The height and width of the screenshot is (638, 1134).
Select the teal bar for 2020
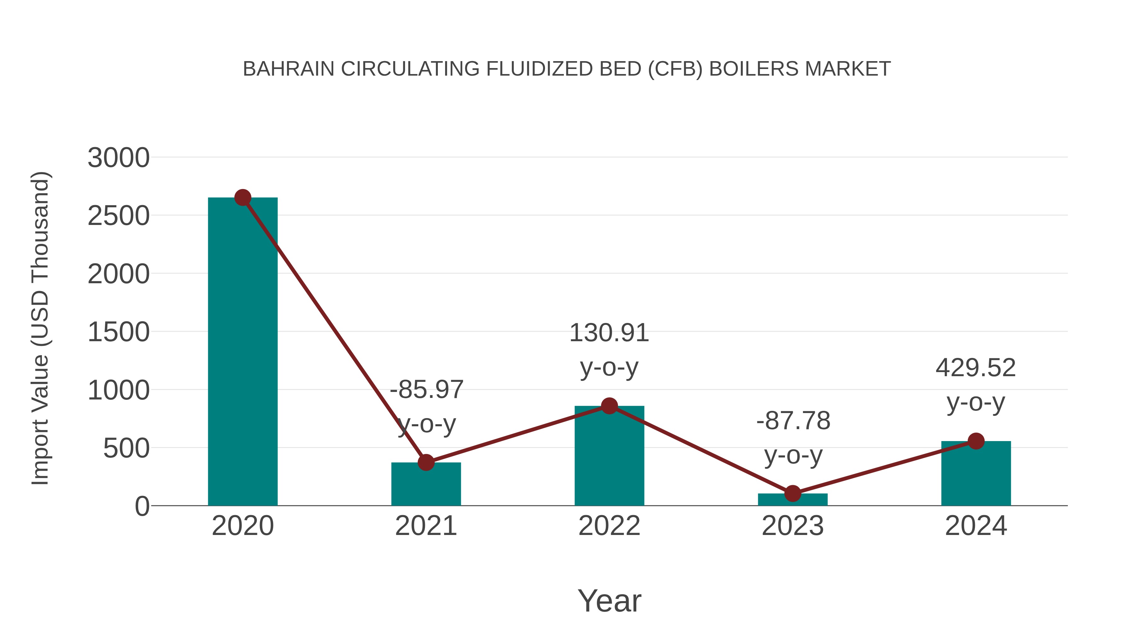pos(243,352)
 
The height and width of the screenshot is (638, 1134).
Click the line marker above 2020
pos(243,198)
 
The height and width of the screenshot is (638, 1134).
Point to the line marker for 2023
pos(793,494)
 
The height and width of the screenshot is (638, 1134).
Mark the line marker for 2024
pos(976,441)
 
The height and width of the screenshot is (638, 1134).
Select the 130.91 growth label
pos(609,333)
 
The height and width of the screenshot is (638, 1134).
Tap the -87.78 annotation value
pos(793,421)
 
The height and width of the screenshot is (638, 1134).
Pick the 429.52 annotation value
pos(976,368)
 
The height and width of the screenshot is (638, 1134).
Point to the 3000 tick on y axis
pos(118,158)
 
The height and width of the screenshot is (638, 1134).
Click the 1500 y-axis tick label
pos(118,332)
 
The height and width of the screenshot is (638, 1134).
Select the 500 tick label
pos(126,449)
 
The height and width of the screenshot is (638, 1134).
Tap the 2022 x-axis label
pos(609,526)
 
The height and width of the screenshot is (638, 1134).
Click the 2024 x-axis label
pos(976,526)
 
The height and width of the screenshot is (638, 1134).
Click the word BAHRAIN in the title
pos(288,69)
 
